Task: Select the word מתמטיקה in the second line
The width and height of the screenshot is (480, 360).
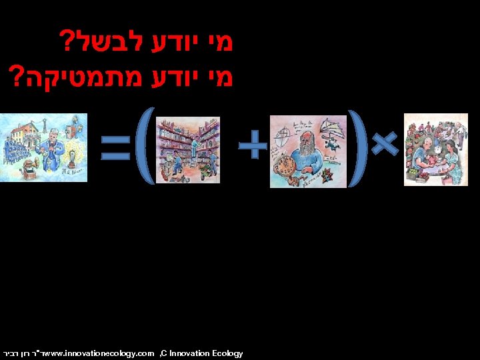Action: click(66, 73)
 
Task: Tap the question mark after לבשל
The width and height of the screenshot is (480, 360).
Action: click(67, 41)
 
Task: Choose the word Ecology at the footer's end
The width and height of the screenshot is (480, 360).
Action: click(229, 353)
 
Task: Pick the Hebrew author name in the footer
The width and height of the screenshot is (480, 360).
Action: click(18, 353)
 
